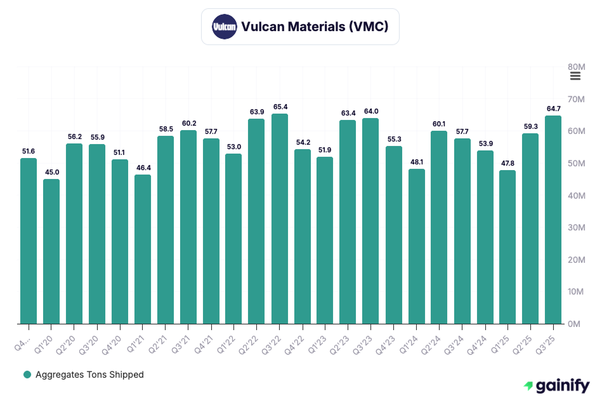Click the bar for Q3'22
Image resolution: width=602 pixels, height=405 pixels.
pyautogui.click(x=280, y=219)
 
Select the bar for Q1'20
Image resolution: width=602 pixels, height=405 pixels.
pyautogui.click(x=51, y=251)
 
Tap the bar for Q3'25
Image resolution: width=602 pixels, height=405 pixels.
pyautogui.click(x=553, y=220)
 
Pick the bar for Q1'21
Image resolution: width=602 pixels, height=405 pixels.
pyautogui.click(x=143, y=249)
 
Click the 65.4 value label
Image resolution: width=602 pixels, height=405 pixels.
pyautogui.click(x=280, y=107)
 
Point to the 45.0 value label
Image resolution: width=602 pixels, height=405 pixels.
pyautogui.click(x=51, y=172)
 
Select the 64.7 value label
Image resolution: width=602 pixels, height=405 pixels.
pyautogui.click(x=553, y=109)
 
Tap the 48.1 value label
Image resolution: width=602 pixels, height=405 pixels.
pyautogui.click(x=416, y=162)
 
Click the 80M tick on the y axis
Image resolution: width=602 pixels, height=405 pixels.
pyautogui.click(x=576, y=67)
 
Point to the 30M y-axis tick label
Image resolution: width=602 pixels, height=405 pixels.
pyautogui.click(x=576, y=227)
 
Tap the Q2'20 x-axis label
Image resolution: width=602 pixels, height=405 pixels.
pyautogui.click(x=70, y=338)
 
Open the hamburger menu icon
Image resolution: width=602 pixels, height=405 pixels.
pyautogui.click(x=575, y=76)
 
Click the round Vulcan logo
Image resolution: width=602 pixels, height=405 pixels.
pyautogui.click(x=224, y=27)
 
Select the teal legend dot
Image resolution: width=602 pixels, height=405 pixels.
pyautogui.click(x=27, y=375)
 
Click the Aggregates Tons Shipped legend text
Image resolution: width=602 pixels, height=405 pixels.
pyautogui.click(x=89, y=375)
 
